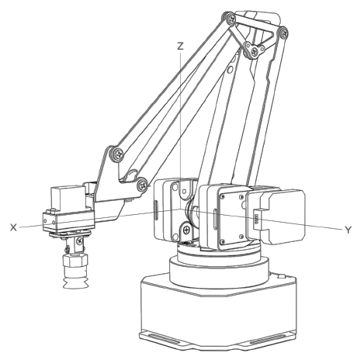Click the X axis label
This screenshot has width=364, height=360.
[13, 227]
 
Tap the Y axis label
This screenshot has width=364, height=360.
[348, 230]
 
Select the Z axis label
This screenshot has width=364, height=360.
[180, 46]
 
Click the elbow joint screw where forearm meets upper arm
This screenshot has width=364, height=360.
[119, 154]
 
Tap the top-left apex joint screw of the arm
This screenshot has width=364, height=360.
[231, 19]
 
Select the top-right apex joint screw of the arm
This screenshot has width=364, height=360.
[284, 33]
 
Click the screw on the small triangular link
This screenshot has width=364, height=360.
[255, 51]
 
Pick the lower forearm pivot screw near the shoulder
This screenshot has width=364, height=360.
[143, 185]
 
